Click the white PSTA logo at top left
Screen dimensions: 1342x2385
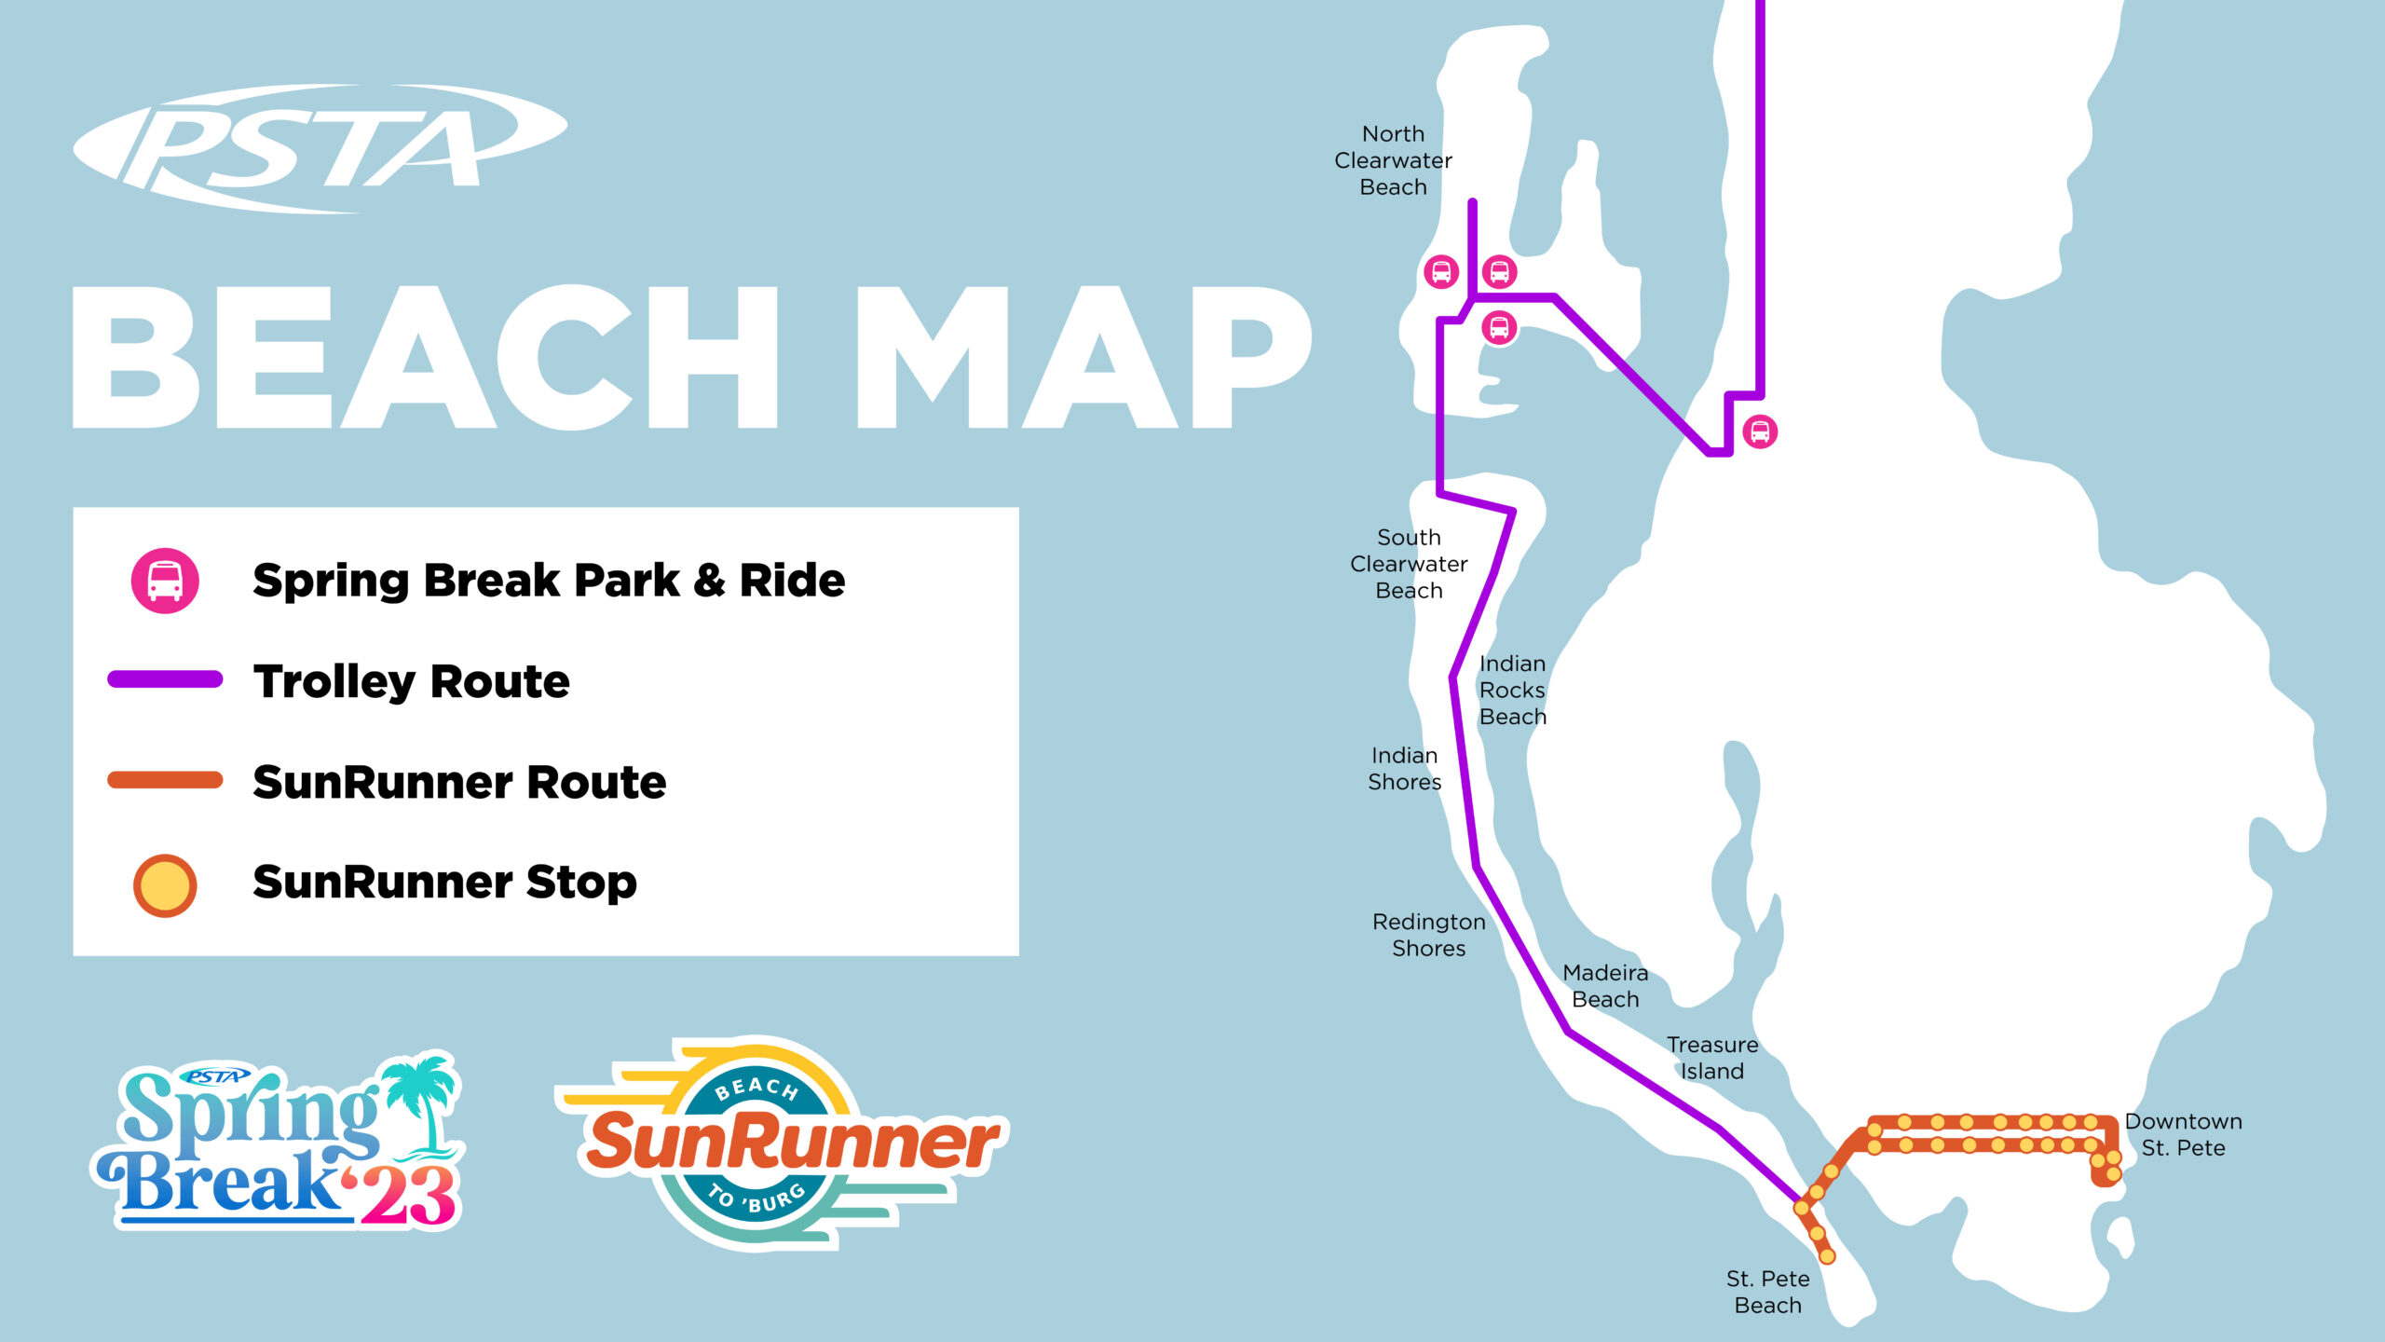point(317,149)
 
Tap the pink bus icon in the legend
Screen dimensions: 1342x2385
point(165,581)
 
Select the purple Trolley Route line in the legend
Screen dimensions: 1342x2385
point(165,679)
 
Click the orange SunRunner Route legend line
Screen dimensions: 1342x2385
point(165,780)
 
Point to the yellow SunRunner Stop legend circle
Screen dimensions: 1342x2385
point(165,884)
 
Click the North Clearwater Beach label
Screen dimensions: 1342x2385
point(1393,160)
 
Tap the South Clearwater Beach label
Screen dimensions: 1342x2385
point(1409,564)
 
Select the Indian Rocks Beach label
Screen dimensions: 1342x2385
point(1512,690)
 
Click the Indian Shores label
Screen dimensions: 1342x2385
point(1404,769)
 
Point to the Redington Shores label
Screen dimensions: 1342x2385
point(1428,935)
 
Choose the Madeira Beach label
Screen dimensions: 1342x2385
point(1605,986)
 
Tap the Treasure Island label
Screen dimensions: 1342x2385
point(1712,1058)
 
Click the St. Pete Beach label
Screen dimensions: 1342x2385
point(1767,1292)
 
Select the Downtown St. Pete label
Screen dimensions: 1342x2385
point(2183,1134)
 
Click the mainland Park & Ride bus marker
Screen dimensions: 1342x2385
point(1760,431)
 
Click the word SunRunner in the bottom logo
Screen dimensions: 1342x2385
point(792,1143)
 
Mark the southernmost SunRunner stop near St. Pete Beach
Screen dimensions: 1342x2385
point(1827,1256)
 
